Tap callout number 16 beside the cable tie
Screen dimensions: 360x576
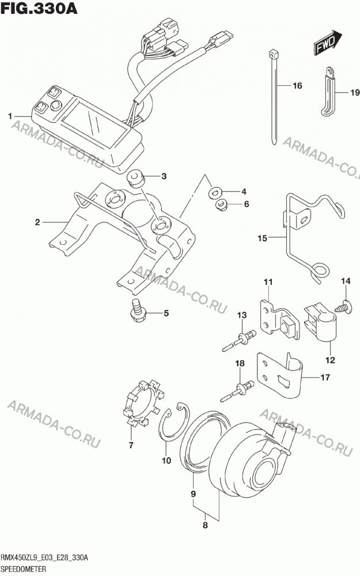pos(297,86)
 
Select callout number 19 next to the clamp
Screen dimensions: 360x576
pos(354,92)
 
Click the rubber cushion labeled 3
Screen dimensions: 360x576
pos(135,178)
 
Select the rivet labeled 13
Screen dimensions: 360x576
pos(239,340)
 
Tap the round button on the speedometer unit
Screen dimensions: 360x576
pos(56,105)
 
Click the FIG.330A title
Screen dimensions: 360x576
pos(39,8)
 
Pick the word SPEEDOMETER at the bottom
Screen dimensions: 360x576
pos(24,570)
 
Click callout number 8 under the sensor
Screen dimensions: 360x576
pos(206,525)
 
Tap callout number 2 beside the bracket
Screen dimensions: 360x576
pos(37,222)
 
